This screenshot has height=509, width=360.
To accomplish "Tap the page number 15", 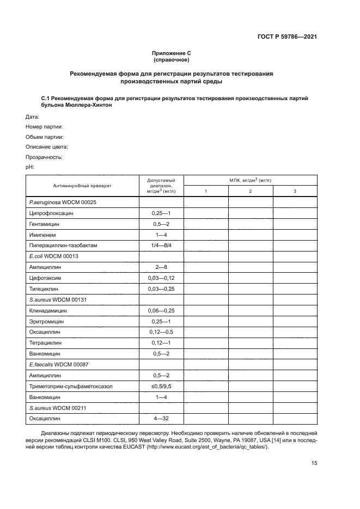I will pos(314,463).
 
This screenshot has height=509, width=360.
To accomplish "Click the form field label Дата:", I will pos(32,117).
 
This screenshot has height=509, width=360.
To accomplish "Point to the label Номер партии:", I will pos(45,127).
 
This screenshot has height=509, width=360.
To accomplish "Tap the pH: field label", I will pos(30,167).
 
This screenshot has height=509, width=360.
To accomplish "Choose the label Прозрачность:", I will pos(44,157).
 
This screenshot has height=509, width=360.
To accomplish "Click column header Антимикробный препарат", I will pos(82,186).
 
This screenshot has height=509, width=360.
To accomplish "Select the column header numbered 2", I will pos(250,191).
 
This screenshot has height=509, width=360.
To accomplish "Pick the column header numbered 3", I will pos(295,191).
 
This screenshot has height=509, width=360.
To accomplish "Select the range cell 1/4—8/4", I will pos(161,246).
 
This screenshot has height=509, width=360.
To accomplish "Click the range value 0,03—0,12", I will pos(161,278).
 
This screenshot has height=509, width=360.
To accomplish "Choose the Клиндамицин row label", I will pos(46,310).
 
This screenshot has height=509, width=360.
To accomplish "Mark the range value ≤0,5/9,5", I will pos(161,386).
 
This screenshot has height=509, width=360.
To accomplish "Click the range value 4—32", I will pos(161,418).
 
